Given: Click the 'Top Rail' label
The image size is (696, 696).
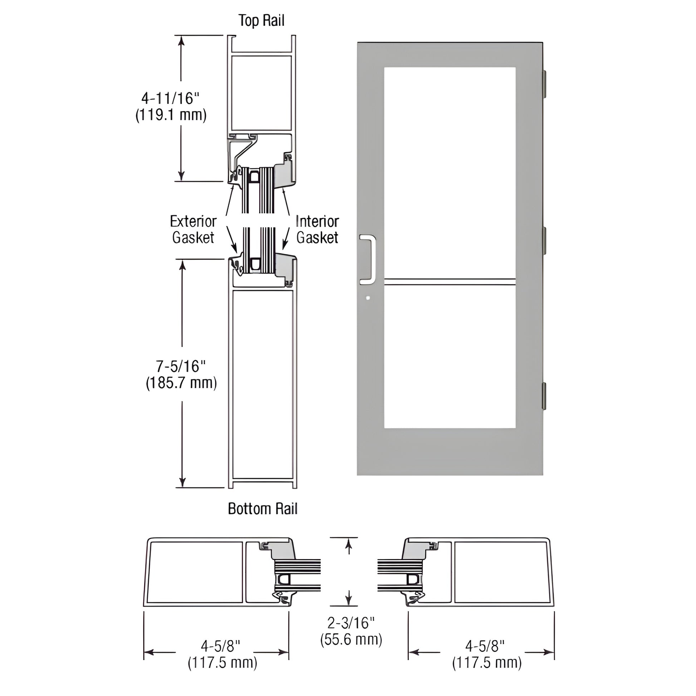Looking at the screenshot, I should tap(261, 20).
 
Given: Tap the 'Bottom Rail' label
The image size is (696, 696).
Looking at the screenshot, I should tap(263, 509).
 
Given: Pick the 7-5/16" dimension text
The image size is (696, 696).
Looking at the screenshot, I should tap(181, 366).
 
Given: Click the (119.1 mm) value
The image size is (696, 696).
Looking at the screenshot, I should tap(171, 115).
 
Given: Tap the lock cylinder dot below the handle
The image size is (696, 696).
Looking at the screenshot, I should tap(367, 298).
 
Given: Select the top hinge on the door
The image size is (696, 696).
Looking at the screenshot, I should tap(545, 84).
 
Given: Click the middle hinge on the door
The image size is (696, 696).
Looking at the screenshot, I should tap(545, 240).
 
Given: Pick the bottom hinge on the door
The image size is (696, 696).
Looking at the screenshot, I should tap(545, 396).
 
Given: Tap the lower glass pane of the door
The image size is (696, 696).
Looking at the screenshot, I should tap(450, 357).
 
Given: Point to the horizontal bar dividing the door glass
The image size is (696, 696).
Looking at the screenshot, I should tap(450, 282).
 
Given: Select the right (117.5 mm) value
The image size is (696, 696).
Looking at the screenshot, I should tap(487, 663).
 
